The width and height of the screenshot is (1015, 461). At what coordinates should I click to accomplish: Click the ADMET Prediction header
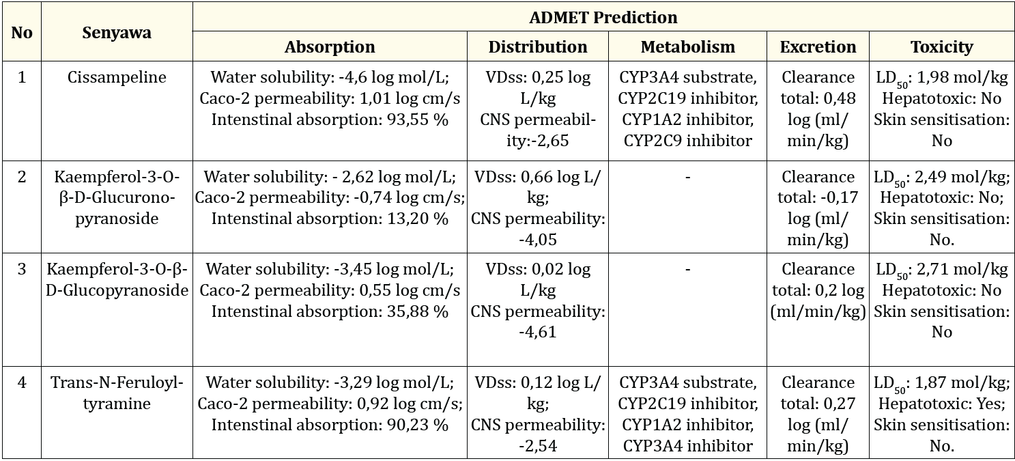pyautogui.click(x=603, y=17)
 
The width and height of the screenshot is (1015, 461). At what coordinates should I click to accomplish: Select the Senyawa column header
pyautogui.click(x=117, y=32)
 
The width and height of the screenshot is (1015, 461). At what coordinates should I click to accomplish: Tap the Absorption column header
pyautogui.click(x=330, y=47)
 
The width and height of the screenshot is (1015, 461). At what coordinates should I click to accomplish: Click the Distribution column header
pyautogui.click(x=537, y=47)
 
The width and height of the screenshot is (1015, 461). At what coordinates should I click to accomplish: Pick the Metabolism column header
pyautogui.click(x=687, y=47)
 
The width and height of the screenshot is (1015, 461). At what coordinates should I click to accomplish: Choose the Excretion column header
pyautogui.click(x=818, y=47)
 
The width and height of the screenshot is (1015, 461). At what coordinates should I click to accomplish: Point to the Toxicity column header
pyautogui.click(x=941, y=47)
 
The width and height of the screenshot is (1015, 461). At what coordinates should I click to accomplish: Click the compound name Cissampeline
pyautogui.click(x=117, y=77)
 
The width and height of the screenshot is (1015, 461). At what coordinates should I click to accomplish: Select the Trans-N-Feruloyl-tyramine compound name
pyautogui.click(x=117, y=393)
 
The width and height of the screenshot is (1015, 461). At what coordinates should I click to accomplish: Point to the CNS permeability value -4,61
pyautogui.click(x=537, y=333)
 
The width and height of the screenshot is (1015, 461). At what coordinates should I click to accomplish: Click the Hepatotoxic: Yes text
pyautogui.click(x=941, y=404)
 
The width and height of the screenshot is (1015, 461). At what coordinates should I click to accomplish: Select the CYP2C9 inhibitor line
pyautogui.click(x=687, y=141)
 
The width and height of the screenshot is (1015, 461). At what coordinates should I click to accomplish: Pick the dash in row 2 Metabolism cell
pyautogui.click(x=687, y=177)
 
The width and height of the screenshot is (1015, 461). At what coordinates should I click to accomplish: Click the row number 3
pyautogui.click(x=22, y=269)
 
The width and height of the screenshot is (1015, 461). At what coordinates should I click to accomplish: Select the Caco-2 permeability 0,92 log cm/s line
pyautogui.click(x=330, y=404)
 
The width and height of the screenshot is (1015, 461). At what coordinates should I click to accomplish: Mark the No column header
pyautogui.click(x=22, y=32)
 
